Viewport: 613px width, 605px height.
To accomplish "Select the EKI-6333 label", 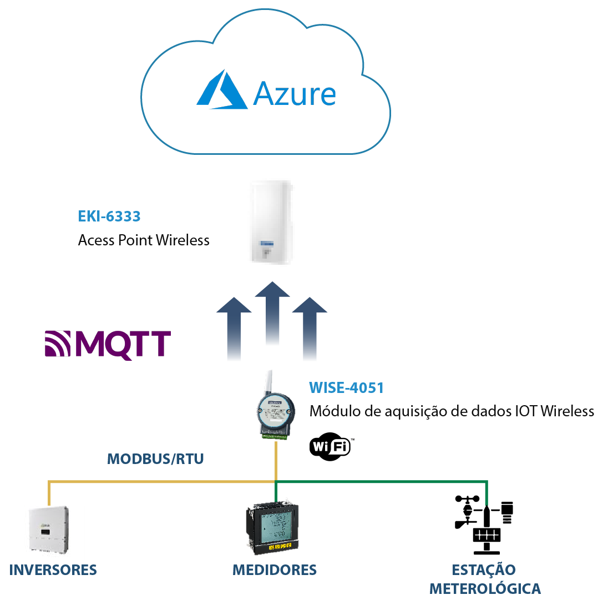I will coord(109,216).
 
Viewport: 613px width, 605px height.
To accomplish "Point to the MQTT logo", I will coord(108,344).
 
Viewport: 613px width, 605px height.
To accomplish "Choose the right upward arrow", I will coord(310,330).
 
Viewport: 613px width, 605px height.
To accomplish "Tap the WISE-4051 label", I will coord(346,387).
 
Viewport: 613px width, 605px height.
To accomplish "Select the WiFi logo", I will coord(331,445).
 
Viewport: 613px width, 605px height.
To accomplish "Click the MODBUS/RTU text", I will coord(155,459).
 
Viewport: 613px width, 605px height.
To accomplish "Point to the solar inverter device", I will coord(48,530).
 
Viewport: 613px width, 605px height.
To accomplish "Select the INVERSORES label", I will coord(53,570).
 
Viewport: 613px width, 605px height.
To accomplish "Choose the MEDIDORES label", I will coord(275,570).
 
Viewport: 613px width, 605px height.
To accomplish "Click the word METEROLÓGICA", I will coord(485,589).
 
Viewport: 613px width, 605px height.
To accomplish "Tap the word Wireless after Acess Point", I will coord(183,240).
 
